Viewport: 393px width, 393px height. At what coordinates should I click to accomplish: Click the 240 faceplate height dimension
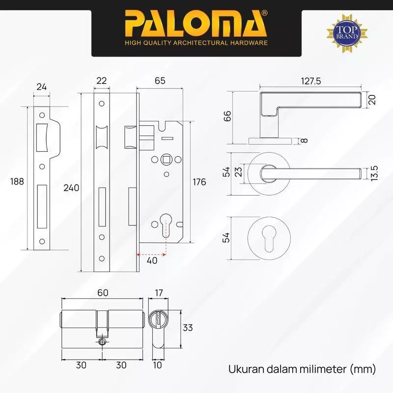coord(71,188)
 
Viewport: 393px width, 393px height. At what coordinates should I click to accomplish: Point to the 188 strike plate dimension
coord(17,181)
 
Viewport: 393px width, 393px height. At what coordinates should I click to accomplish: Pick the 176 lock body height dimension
coord(199,182)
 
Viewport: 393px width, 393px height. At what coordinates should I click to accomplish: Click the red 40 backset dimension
coord(152,261)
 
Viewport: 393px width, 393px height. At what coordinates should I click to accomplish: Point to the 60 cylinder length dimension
coord(102,293)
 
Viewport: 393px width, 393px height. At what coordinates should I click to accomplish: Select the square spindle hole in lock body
coord(167,160)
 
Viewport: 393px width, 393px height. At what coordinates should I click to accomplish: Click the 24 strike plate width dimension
coord(42,87)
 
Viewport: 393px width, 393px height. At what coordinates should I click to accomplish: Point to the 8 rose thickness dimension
coord(304,141)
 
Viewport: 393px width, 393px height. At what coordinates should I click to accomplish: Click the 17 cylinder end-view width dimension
coord(159,293)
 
